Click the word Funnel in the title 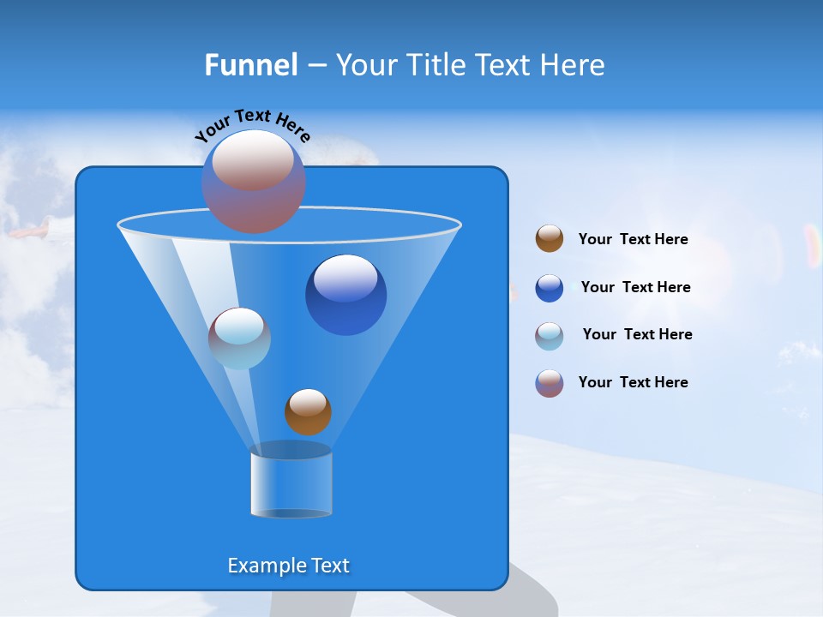pos(250,65)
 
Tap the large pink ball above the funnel pos(254,182)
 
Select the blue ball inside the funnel pos(345,296)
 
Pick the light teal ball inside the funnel pos(239,338)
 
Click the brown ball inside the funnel pos(308,412)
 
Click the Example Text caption pos(289,566)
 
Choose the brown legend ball pos(550,239)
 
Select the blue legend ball pos(550,288)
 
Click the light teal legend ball pos(550,336)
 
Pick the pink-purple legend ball pos(550,383)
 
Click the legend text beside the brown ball pos(633,240)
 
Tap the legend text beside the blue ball pos(635,288)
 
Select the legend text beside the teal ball pos(637,334)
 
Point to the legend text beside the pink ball pos(633,382)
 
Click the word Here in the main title pos(574,65)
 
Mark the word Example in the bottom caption pos(264,566)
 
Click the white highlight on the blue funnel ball pos(345,279)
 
